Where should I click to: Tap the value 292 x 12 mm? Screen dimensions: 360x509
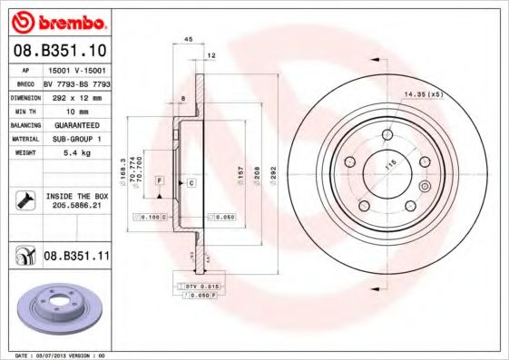(x=76, y=95)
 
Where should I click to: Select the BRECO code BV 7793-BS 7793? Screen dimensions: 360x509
(x=76, y=82)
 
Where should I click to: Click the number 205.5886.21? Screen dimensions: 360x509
(x=76, y=207)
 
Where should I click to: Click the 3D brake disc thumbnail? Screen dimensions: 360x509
(x=57, y=307)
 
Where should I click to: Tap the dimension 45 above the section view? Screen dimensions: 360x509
(x=189, y=39)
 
